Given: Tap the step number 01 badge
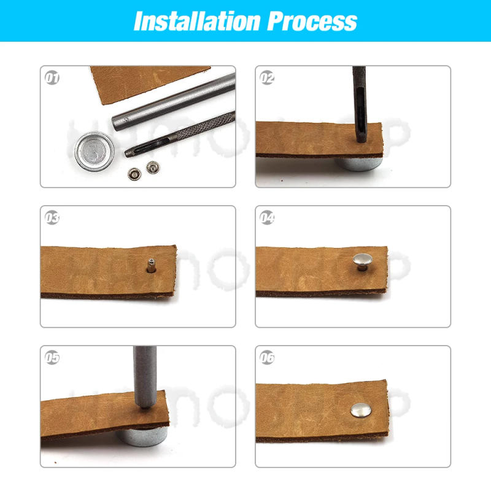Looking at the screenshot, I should (x=52, y=79).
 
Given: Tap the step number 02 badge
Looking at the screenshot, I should (x=267, y=79).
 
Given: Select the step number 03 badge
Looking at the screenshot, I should (x=52, y=218).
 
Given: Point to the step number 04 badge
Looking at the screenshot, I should (x=267, y=218).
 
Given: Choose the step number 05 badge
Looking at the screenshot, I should (x=52, y=358).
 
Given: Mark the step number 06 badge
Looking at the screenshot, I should (x=267, y=358).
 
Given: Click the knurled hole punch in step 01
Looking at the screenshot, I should (x=184, y=132).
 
